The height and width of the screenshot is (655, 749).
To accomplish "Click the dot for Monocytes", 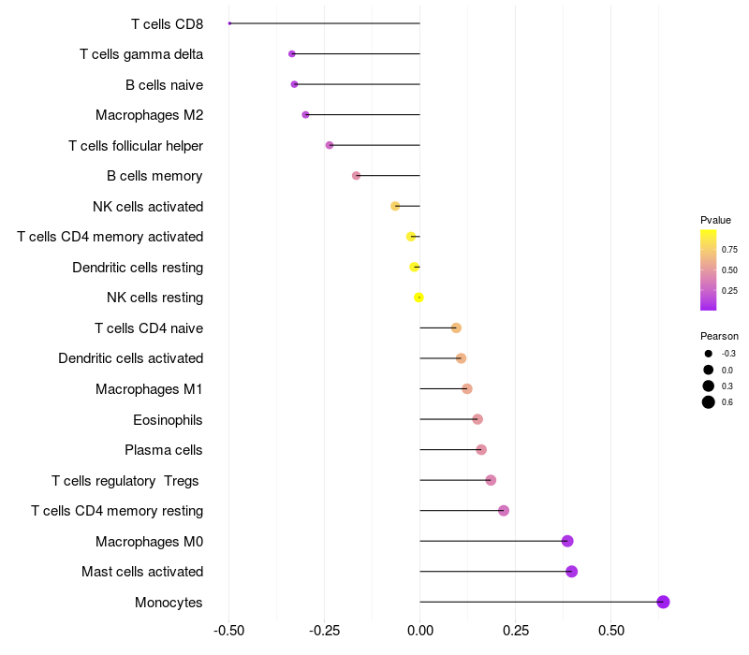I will point(663,602).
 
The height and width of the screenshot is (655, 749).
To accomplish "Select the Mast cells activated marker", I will point(571,572).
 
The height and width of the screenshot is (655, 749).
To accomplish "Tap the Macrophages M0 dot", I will point(566,541).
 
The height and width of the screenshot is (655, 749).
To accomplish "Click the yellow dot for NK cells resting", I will point(419,298).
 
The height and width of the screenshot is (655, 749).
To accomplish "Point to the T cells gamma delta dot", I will point(292,54).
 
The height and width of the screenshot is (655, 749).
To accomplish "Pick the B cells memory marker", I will point(356,176).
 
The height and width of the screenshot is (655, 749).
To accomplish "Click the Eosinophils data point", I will point(477,419).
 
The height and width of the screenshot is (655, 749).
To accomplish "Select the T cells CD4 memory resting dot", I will point(504,511).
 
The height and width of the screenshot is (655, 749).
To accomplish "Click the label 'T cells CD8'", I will point(168,23).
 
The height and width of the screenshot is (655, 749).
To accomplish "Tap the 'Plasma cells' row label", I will point(164,450).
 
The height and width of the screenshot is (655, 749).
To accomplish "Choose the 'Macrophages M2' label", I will point(149,115).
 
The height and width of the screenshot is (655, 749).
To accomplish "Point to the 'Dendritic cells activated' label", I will point(130,358).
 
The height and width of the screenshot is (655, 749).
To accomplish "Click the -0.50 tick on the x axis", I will point(229,632).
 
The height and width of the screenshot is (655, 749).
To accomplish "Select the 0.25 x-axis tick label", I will point(516,632).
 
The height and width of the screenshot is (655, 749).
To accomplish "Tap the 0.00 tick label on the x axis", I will point(420,632).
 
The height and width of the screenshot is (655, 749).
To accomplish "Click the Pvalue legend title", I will point(715,220).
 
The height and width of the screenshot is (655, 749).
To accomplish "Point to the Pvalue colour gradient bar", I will point(709,269).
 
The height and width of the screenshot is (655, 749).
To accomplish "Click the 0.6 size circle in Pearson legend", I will point(709,402).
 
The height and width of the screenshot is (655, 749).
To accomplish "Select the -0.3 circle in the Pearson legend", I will point(709,354).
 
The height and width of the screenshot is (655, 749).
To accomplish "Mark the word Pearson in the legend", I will point(719,336).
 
